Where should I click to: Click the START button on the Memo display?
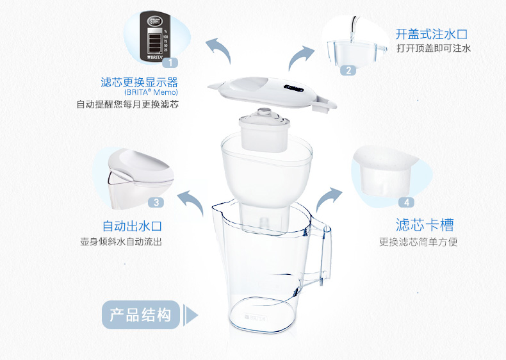click(155, 21)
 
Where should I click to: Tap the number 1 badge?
click(170, 62)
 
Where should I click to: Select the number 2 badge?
click(348, 70)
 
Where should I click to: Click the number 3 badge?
click(156, 202)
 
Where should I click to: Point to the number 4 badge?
click(407, 202)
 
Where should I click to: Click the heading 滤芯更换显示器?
click(140, 83)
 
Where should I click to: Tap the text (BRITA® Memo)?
click(151, 92)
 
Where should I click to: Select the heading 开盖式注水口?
click(432, 34)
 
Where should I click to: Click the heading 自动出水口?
click(132, 226)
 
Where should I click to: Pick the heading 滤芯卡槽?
click(425, 225)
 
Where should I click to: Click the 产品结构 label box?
click(141, 315)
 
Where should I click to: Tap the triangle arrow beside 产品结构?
click(190, 315)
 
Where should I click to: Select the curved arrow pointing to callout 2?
click(298, 56)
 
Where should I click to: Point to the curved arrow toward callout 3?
click(192, 200)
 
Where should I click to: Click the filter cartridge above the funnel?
click(264, 130)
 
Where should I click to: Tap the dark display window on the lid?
click(293, 88)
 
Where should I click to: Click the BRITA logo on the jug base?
click(255, 318)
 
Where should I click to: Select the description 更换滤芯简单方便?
click(418, 242)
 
